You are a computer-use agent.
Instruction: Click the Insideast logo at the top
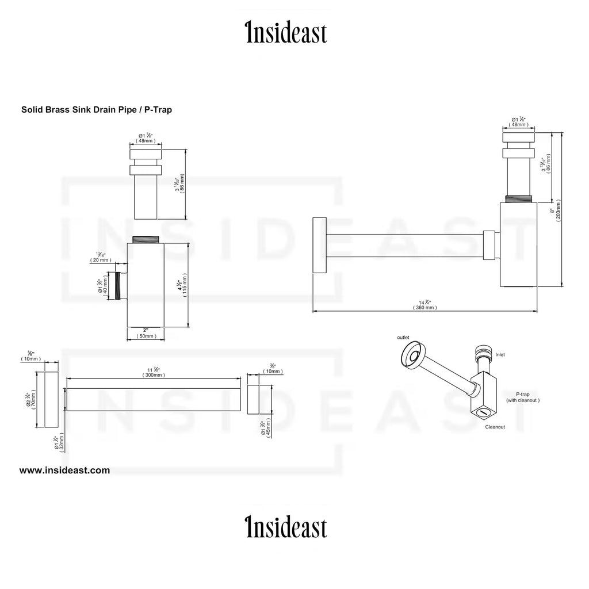tap(286, 33)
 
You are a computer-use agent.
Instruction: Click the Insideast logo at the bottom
tap(286, 527)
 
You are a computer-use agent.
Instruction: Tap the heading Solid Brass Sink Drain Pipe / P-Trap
tap(97, 109)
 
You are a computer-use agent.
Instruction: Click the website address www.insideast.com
tap(64, 470)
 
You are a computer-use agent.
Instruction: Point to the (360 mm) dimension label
tap(425, 308)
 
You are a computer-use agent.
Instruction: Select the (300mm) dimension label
tap(154, 374)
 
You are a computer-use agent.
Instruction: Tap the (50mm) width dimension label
tap(146, 335)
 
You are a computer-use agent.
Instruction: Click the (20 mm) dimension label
tap(101, 260)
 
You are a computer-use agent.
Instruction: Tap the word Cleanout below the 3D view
tap(495, 427)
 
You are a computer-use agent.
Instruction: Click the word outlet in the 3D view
tap(403, 337)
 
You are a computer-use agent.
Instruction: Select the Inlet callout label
tap(500, 355)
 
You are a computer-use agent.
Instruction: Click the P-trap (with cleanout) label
tap(522, 396)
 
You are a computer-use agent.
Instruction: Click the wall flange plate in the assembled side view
tap(319, 246)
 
